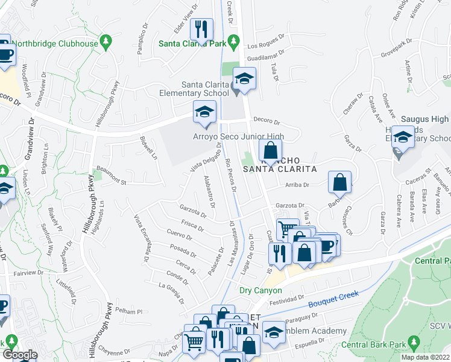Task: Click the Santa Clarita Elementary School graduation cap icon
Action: [245, 78]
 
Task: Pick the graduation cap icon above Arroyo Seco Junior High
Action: [204, 112]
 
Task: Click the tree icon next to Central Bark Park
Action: [413, 343]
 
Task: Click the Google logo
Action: [20, 355]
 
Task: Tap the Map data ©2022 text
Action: [426, 357]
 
